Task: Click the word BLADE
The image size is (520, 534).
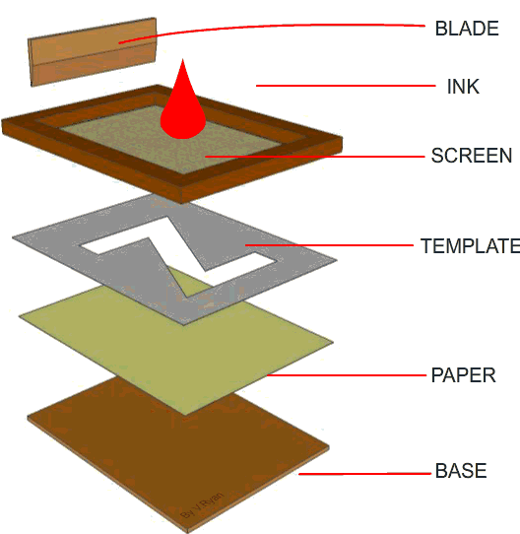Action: click(x=467, y=29)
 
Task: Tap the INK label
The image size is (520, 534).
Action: click(x=463, y=87)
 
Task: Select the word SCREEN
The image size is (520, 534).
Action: click(x=472, y=156)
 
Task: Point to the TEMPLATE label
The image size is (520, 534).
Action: click(x=471, y=246)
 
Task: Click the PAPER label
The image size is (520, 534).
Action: click(x=464, y=375)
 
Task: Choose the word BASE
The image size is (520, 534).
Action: click(x=461, y=471)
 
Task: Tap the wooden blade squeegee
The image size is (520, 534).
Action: click(x=92, y=52)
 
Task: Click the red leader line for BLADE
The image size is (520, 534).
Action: click(x=273, y=27)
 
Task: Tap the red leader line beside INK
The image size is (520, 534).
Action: click(x=346, y=86)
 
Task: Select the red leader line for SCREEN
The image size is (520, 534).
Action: click(x=315, y=157)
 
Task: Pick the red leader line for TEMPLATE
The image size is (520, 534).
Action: click(x=329, y=245)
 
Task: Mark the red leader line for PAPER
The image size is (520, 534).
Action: click(x=347, y=375)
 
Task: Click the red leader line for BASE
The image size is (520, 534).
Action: click(x=365, y=473)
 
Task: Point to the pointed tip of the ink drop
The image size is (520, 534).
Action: click(x=183, y=59)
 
